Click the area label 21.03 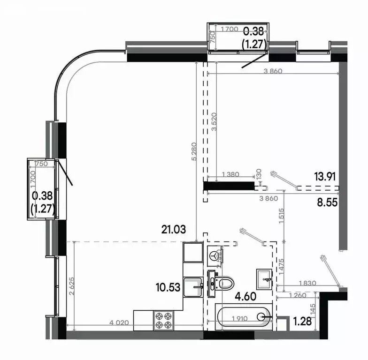(x=173, y=230)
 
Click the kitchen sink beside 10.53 (x=193, y=286)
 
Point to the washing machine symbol (x=215, y=255)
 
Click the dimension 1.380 (x=229, y=174)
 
